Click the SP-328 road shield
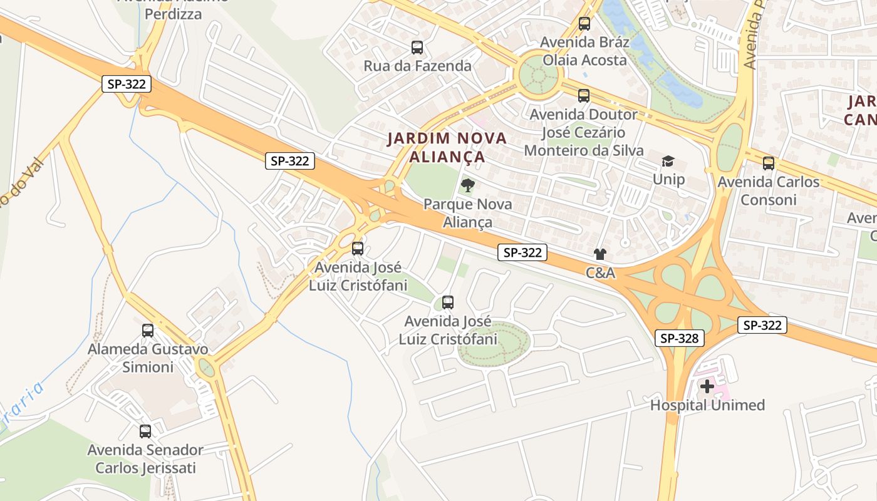click(680, 339)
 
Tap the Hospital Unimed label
click(707, 405)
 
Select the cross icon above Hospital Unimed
click(707, 386)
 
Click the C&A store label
click(600, 273)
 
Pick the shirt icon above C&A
click(600, 254)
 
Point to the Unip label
click(668, 180)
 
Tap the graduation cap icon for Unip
click(668, 162)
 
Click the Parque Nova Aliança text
click(467, 213)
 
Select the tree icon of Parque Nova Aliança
click(467, 185)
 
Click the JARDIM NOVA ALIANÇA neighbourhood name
click(447, 147)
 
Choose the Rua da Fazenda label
click(417, 66)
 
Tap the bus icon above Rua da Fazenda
click(417, 48)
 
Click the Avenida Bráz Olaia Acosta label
click(584, 51)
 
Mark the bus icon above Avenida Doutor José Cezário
click(584, 96)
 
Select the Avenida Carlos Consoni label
click(768, 191)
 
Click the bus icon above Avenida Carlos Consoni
click(769, 163)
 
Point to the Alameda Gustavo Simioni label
click(148, 358)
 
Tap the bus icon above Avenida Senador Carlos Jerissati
click(145, 431)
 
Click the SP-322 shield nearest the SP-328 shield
click(762, 326)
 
